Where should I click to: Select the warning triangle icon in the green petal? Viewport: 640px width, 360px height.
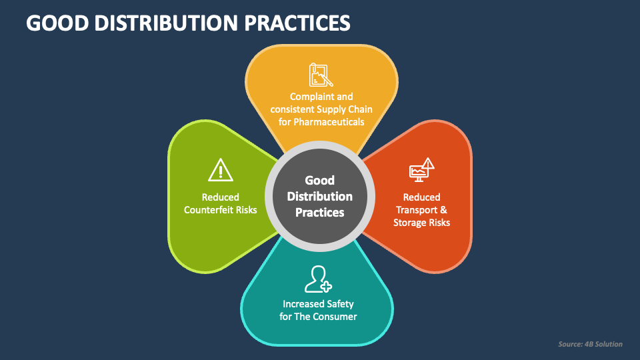pos(220,170)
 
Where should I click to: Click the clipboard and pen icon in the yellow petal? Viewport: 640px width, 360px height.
pos(321,75)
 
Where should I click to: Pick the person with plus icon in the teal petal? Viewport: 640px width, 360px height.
pos(317,279)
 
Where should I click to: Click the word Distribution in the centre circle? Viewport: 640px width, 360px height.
pos(320,197)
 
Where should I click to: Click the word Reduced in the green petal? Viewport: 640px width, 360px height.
pos(220,197)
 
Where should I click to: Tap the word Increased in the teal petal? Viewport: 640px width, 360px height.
pos(304,304)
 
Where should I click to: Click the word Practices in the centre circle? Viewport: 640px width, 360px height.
pos(320,213)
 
